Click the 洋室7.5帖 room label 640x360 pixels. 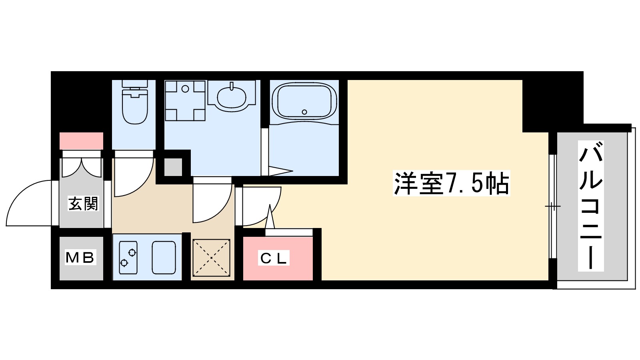[451, 184]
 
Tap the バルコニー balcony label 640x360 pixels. [591, 206]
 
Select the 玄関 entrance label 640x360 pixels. [83, 204]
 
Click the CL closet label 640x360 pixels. [274, 259]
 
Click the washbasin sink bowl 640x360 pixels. [232, 96]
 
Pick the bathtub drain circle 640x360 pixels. [304, 112]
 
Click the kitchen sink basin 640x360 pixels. [164, 258]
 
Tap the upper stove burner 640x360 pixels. [132, 252]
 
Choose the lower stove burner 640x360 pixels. [124, 263]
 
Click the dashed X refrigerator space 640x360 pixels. [212, 258]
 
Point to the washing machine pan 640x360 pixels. [185, 100]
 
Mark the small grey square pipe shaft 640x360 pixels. [173, 167]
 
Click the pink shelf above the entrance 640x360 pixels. [82, 141]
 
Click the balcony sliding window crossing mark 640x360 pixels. [552, 206]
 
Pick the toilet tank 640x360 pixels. [135, 84]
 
